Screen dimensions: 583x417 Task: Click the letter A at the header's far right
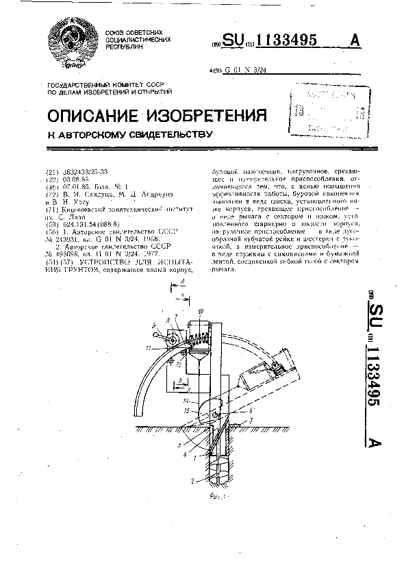point(354,40)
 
